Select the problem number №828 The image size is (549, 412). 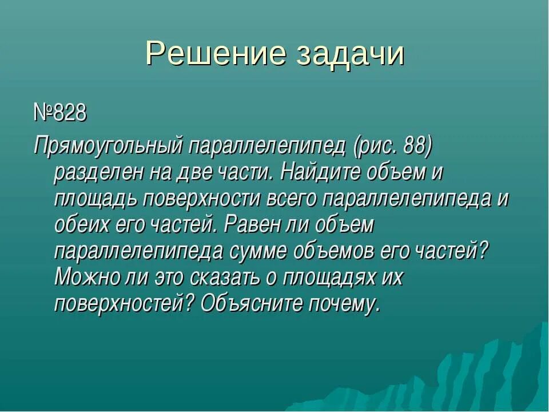pyautogui.click(x=59, y=113)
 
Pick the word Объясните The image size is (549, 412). pyautogui.click(x=252, y=303)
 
